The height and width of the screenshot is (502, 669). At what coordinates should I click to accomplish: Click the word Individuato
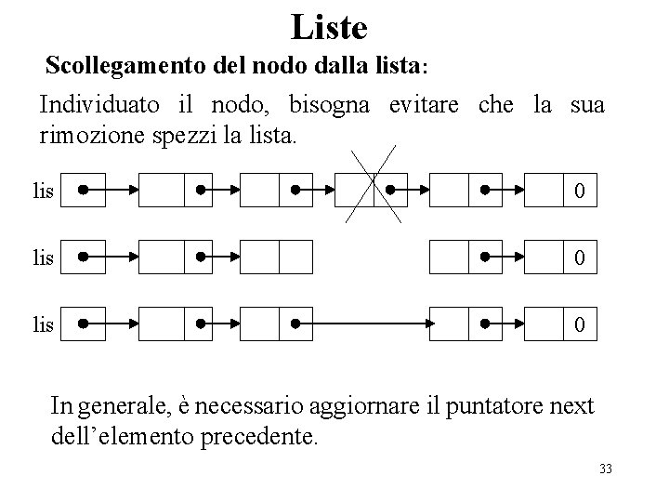[91, 104]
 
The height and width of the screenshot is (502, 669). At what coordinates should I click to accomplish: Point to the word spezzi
[171, 137]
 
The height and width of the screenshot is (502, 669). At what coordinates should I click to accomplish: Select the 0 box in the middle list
[579, 258]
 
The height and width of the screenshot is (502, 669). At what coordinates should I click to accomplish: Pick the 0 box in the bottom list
[579, 325]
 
